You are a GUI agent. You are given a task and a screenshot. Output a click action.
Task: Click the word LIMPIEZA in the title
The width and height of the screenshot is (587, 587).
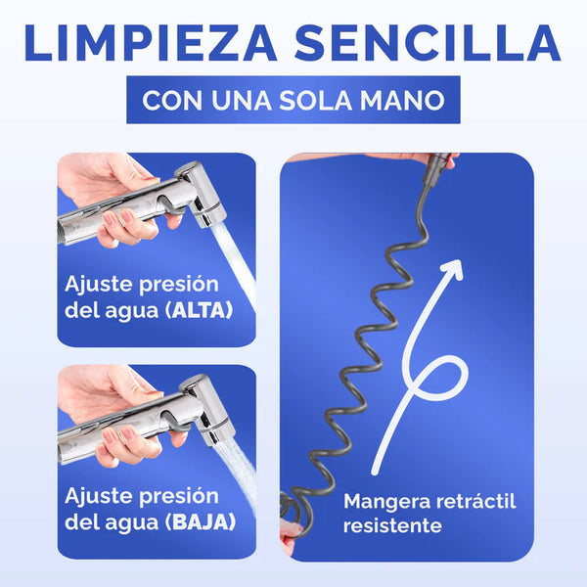(x=151, y=43)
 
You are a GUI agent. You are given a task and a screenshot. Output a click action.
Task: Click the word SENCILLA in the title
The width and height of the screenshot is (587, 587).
(x=428, y=43)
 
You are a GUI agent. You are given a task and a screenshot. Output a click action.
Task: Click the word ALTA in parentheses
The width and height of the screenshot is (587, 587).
(x=200, y=311)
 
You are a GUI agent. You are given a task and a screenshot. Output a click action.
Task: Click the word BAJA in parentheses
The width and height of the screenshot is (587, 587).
(x=201, y=521)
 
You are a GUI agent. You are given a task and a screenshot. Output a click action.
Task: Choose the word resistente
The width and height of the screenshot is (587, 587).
(x=392, y=525)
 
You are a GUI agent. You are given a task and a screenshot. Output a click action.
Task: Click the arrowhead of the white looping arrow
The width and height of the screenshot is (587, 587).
(x=454, y=270)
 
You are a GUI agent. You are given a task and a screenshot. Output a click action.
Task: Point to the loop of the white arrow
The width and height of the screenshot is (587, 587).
(x=435, y=377)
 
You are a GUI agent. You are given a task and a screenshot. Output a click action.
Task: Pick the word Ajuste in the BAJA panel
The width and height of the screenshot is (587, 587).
(x=99, y=497)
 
